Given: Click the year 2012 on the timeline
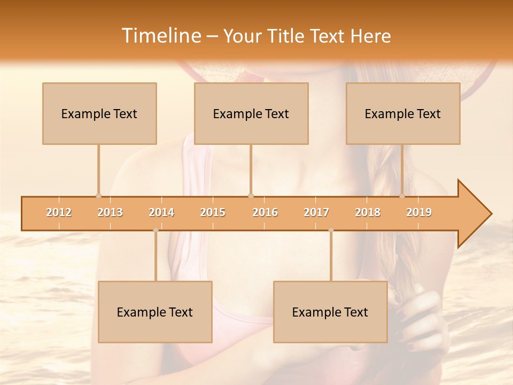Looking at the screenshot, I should (x=59, y=213).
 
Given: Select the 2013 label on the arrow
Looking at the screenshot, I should (x=110, y=213).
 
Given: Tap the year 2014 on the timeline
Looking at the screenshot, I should (x=161, y=213).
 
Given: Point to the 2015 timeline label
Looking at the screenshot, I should (x=213, y=213).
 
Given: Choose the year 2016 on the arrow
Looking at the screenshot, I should (x=265, y=213).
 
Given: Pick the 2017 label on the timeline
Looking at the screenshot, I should (x=316, y=213).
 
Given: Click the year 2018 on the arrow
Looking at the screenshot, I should (x=368, y=213).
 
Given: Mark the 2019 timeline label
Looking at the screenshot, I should (x=419, y=213).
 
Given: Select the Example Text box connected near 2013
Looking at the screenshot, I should (x=99, y=113).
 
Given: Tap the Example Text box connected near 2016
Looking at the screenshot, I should (x=251, y=113).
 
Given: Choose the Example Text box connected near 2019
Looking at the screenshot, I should (x=403, y=113).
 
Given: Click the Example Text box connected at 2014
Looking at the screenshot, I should (x=155, y=312).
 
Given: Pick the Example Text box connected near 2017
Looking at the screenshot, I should (x=330, y=312).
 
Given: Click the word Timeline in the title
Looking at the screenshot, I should (x=160, y=36).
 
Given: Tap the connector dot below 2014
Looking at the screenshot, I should (x=156, y=230).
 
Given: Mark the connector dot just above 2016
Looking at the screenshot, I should (x=251, y=196).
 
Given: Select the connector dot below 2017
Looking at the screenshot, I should (x=331, y=230).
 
